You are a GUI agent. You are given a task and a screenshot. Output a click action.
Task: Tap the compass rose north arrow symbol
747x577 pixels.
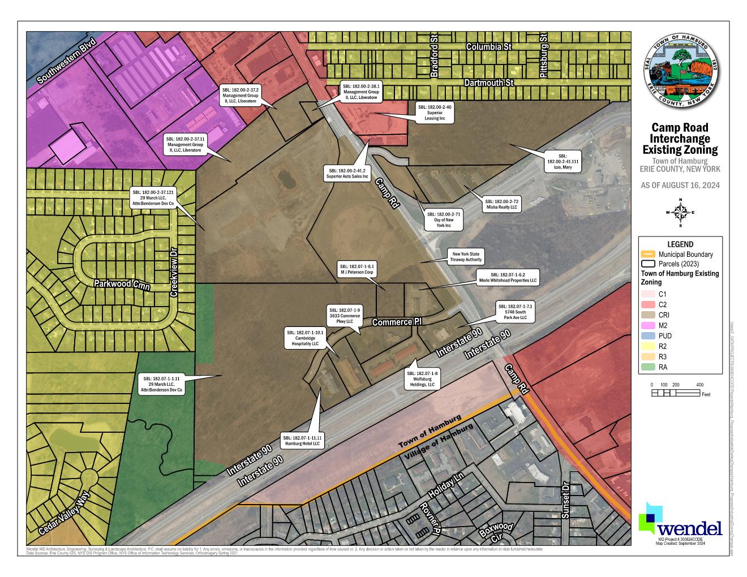click(x=681, y=213)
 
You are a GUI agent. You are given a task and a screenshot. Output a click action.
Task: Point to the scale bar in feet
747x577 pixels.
click(x=676, y=392)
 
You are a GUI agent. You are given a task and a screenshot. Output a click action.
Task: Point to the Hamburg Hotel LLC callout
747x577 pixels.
click(x=302, y=441)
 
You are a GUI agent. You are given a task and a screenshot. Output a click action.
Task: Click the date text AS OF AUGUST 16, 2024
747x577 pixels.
click(x=680, y=185)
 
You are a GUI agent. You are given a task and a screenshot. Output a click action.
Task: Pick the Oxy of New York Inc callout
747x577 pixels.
click(x=444, y=219)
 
